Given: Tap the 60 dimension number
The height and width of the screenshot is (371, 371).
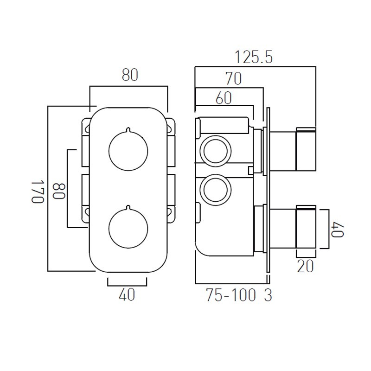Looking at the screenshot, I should coord(224,98).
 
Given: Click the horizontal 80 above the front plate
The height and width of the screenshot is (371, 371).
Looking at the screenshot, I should coord(130,76).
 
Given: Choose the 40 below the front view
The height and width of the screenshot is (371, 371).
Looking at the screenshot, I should coord(127,294).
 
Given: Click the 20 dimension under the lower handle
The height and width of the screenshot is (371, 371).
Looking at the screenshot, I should coord(306,266).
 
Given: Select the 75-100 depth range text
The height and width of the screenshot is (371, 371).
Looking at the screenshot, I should coord(230,296).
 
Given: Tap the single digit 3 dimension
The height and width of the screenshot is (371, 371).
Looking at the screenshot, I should coord(268,296).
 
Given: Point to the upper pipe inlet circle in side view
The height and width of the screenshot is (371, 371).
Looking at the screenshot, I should coord(214,150).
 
